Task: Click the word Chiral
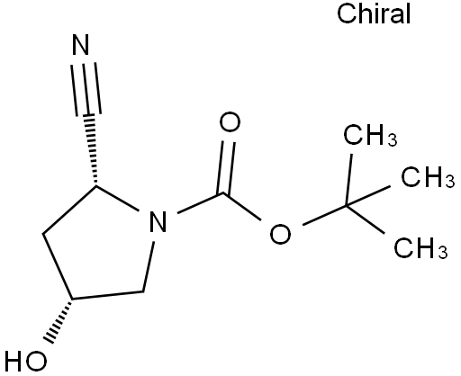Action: [x=374, y=13]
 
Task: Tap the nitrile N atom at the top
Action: [x=81, y=45]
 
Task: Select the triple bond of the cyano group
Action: [x=86, y=89]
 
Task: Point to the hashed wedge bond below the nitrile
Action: [x=92, y=149]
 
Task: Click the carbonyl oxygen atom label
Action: [x=230, y=122]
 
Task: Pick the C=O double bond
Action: [x=227, y=167]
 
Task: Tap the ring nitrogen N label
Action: [x=158, y=222]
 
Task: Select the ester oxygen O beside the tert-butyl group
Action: [x=280, y=233]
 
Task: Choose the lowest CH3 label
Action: [x=420, y=248]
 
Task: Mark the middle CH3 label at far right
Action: [x=428, y=177]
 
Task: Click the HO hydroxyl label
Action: [x=26, y=361]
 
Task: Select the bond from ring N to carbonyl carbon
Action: [x=201, y=203]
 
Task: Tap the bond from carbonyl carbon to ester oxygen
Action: [x=242, y=207]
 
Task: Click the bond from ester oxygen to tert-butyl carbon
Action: [x=324, y=215]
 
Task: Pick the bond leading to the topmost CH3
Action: [x=349, y=180]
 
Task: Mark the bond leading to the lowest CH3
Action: [x=366, y=219]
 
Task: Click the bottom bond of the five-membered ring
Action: [x=107, y=295]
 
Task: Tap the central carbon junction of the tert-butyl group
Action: [x=347, y=206]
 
